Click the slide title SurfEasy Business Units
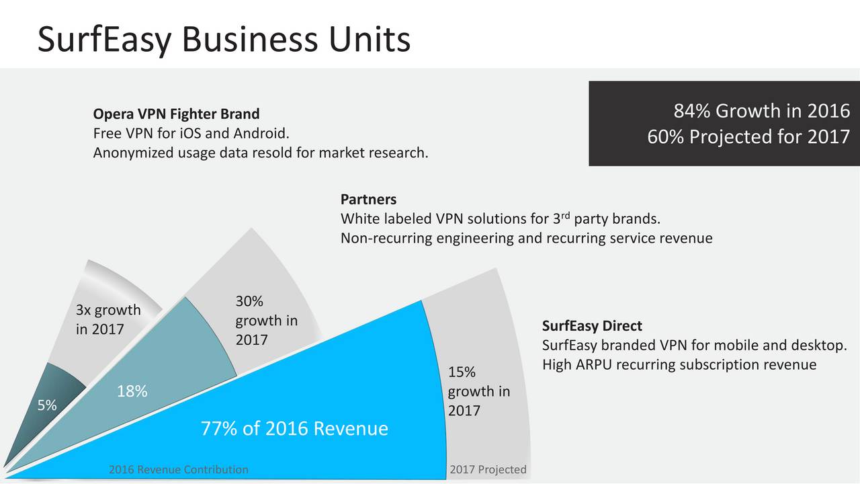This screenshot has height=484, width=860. [224, 39]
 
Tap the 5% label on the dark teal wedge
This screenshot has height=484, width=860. [47, 405]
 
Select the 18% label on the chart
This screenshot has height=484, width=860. [132, 391]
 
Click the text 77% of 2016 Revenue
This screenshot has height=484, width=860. [294, 428]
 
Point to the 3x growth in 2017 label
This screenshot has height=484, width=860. [108, 319]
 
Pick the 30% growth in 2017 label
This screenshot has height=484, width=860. [267, 321]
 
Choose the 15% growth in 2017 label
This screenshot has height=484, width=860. [479, 391]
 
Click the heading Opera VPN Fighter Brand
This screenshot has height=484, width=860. [176, 114]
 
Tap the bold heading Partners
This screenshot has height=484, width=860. [369, 200]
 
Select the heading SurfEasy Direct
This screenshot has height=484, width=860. [592, 326]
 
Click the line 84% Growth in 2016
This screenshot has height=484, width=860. [762, 111]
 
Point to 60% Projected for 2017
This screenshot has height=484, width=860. [748, 136]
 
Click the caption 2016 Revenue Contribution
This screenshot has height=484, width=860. [179, 469]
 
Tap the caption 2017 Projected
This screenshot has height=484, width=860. [488, 469]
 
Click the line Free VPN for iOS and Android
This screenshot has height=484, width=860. [191, 133]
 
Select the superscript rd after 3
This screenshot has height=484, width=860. [565, 214]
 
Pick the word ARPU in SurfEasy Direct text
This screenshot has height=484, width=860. [593, 364]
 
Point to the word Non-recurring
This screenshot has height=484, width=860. [386, 238]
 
